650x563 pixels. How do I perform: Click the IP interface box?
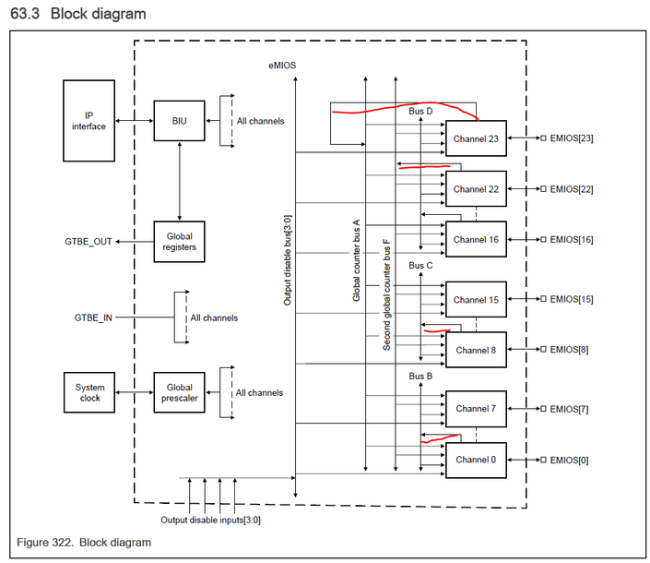[x=89, y=120]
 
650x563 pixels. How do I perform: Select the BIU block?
[x=179, y=120]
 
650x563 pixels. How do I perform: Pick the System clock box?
[x=89, y=393]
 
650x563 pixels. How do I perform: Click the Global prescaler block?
[x=179, y=393]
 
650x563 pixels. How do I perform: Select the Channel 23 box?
[x=476, y=139]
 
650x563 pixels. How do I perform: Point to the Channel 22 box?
[x=476, y=189]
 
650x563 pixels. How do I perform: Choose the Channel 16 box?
[x=476, y=239]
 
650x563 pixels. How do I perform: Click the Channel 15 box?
[x=476, y=300]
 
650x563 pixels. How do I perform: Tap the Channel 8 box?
[x=476, y=350]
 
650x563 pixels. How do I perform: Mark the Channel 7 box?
[x=476, y=409]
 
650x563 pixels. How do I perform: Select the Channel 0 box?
[x=476, y=459]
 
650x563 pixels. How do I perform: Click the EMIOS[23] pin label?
[x=572, y=139]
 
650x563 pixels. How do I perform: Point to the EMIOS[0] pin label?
[x=569, y=459]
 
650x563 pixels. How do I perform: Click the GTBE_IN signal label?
[x=93, y=317]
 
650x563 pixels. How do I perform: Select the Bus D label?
[x=420, y=112]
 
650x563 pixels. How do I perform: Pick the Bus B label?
[x=420, y=377]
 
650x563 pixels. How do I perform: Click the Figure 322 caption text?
[x=84, y=543]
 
